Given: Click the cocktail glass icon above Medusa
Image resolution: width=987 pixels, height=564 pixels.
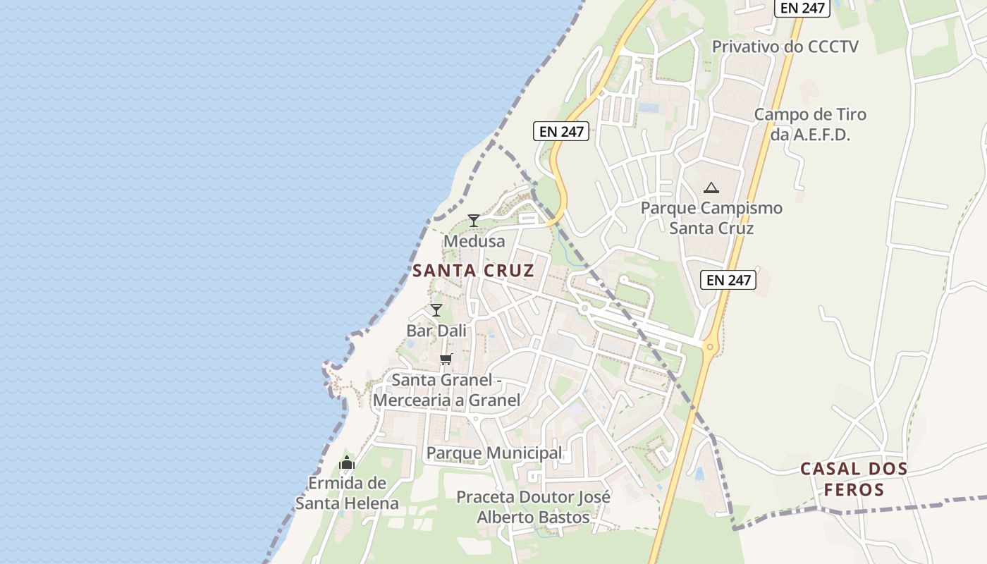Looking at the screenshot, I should [474, 221].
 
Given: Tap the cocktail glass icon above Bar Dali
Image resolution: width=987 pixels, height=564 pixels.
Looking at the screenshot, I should [436, 309].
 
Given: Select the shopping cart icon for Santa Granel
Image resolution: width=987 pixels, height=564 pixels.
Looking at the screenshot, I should [446, 359].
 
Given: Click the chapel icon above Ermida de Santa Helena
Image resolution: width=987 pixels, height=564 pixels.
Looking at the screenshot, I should [346, 462].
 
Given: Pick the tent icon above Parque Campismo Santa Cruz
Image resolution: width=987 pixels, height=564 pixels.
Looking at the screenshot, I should [711, 188].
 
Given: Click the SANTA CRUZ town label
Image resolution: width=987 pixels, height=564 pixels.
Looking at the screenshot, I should [473, 270].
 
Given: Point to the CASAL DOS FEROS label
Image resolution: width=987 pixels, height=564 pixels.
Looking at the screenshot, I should [854, 479].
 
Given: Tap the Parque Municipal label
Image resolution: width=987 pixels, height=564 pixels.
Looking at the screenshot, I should [494, 453].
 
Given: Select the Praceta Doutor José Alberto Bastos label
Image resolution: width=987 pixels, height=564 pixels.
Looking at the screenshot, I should [533, 507].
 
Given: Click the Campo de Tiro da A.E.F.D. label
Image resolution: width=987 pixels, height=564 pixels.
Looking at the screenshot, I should [810, 124].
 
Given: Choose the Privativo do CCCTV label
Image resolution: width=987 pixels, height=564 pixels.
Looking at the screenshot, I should [785, 47].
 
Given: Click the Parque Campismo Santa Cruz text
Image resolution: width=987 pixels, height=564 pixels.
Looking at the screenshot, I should [711, 218].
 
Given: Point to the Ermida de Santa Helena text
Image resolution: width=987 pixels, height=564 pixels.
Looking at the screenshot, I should [347, 493].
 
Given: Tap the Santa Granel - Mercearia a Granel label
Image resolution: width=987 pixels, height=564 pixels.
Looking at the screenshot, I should [446, 390].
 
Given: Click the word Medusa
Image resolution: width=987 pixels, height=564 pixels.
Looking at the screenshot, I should [474, 241].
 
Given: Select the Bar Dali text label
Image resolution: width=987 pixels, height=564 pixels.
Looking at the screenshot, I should [436, 330].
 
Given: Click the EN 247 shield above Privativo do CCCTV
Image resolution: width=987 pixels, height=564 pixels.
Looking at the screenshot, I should [802, 8].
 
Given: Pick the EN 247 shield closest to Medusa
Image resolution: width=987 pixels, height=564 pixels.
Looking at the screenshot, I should [560, 131].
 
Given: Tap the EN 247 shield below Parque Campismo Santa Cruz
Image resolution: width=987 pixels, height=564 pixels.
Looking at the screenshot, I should [729, 280].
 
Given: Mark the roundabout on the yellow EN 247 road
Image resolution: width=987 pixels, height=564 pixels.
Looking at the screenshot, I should [709, 345].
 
